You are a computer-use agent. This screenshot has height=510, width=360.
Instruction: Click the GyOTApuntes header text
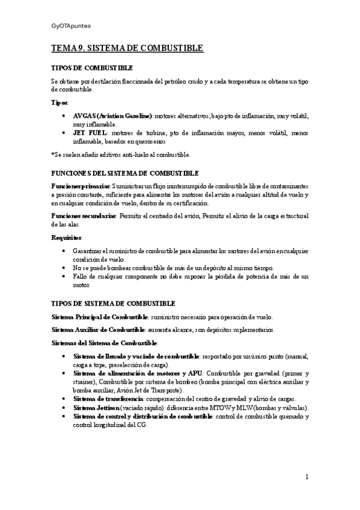click(x=71, y=26)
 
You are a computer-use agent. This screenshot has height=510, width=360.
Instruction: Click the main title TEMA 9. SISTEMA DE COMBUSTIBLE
click(x=127, y=48)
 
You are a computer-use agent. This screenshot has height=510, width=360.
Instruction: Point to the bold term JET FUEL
click(x=90, y=133)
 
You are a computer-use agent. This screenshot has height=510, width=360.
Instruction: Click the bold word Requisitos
click(x=67, y=238)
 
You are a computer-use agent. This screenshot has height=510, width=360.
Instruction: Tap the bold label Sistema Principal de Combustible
click(x=99, y=317)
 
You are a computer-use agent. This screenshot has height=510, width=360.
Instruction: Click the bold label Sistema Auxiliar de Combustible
click(x=99, y=330)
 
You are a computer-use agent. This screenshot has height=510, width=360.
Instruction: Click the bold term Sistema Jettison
click(x=96, y=407)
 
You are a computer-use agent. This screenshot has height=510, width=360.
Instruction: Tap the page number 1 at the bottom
click(x=307, y=478)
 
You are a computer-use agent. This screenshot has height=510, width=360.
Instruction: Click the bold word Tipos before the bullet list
click(x=59, y=102)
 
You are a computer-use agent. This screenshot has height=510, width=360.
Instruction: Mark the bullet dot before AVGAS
click(x=64, y=115)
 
